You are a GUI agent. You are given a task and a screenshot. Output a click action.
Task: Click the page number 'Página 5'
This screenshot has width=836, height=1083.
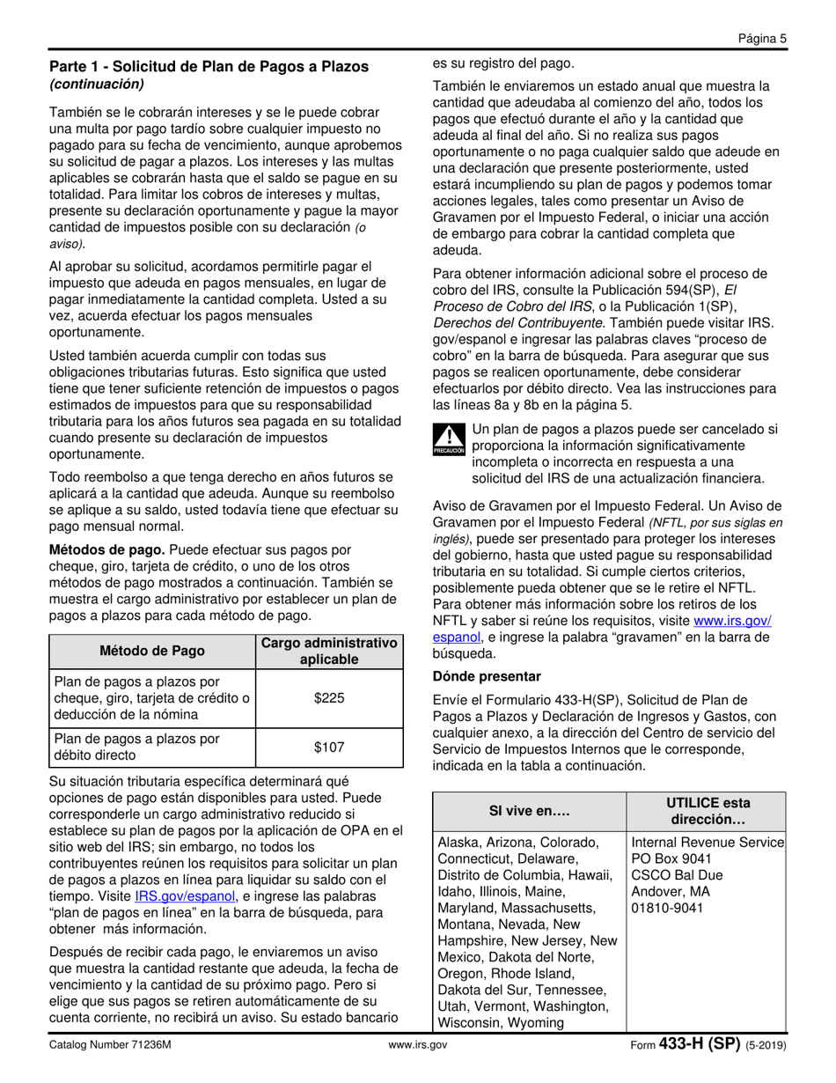coord(761,38)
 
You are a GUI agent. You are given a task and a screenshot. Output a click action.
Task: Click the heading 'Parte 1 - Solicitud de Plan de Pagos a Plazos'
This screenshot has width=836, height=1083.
coord(209,67)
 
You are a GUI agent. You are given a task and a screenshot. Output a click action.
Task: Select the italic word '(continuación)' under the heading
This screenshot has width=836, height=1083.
coord(96,85)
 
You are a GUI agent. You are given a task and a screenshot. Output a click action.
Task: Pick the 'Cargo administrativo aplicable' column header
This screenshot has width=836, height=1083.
coord(329,651)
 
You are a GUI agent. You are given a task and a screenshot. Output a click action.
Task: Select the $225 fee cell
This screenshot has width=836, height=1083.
coord(329,698)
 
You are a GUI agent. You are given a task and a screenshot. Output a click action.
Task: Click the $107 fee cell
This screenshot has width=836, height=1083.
coord(329,748)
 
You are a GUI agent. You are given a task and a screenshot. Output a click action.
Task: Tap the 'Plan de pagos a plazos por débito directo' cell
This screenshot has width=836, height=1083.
coord(136,748)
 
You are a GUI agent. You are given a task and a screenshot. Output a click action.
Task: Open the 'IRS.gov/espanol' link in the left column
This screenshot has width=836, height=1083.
coord(185,896)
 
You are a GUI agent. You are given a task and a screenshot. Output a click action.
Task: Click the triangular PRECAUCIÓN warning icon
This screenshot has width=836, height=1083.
coord(449,438)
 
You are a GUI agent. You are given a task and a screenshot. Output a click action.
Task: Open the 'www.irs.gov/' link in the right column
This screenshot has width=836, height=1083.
coord(733,621)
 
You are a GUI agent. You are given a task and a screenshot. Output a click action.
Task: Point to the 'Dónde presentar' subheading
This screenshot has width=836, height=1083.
coord(486,676)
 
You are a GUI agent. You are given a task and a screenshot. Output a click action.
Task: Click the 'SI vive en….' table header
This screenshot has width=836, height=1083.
coord(529,810)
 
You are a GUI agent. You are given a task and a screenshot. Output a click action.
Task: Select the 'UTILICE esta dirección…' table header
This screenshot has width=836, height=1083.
coord(708,810)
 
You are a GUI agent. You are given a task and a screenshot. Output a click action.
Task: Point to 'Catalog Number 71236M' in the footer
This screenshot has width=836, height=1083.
coord(109,1045)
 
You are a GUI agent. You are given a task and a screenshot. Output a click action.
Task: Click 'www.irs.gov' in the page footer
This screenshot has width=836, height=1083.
coord(418,1045)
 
